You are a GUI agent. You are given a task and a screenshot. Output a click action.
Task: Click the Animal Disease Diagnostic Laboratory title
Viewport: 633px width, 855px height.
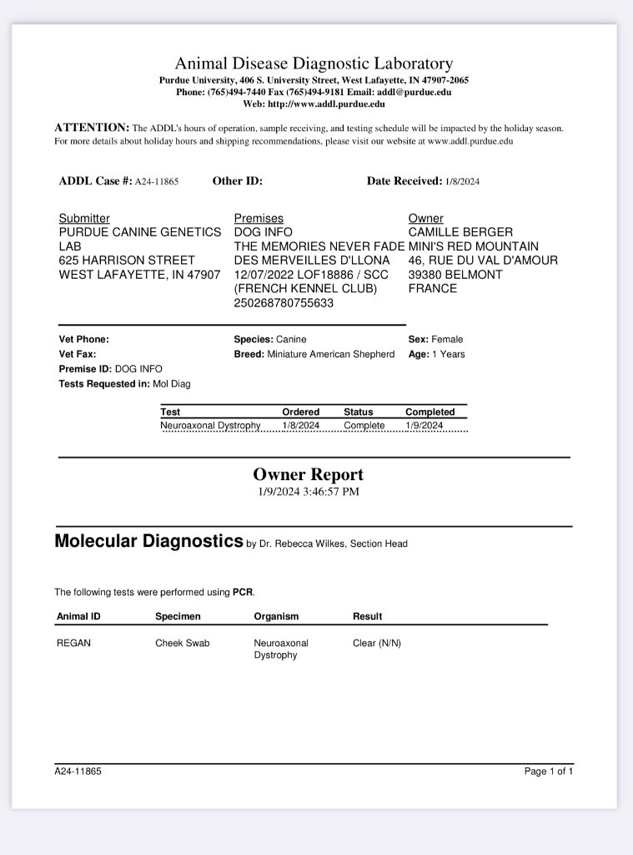tap(314, 63)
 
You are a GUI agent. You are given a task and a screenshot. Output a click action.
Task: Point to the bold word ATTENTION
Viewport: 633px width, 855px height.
tap(92, 128)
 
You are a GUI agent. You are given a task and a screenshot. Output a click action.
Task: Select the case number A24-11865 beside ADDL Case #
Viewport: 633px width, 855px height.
tap(157, 181)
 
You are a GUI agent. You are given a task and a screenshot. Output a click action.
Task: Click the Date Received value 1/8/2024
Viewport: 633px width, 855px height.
tap(462, 181)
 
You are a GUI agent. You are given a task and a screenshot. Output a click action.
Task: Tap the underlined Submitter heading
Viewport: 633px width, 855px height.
tap(84, 218)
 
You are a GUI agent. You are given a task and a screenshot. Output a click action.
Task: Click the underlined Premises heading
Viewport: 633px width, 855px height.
tap(259, 218)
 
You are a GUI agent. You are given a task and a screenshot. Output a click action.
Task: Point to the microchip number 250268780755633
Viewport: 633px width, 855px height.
tap(284, 303)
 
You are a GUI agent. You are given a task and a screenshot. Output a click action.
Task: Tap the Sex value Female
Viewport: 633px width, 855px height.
tap(447, 339)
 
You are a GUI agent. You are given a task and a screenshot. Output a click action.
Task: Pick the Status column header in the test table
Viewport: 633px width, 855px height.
tap(359, 412)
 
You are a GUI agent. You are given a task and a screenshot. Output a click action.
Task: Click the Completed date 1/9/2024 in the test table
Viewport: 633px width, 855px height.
tap(425, 426)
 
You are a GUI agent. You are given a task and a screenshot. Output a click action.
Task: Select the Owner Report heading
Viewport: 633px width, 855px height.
tap(309, 474)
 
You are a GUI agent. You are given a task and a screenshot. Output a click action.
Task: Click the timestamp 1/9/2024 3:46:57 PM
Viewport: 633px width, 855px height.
tap(309, 492)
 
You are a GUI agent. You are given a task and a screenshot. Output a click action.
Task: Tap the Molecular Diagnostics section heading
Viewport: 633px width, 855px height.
tap(148, 540)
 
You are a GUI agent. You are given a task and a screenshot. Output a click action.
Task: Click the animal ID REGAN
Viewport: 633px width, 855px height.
tap(73, 644)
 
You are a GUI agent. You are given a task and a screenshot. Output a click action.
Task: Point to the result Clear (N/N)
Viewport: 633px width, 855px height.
tap(377, 644)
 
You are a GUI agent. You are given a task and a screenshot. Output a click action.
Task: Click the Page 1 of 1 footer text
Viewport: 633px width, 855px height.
tap(549, 772)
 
